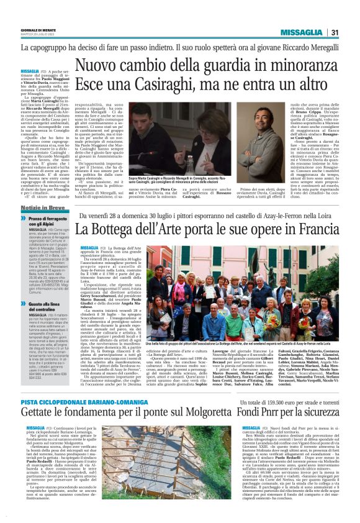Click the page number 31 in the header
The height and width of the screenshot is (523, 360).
pos(334,33)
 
